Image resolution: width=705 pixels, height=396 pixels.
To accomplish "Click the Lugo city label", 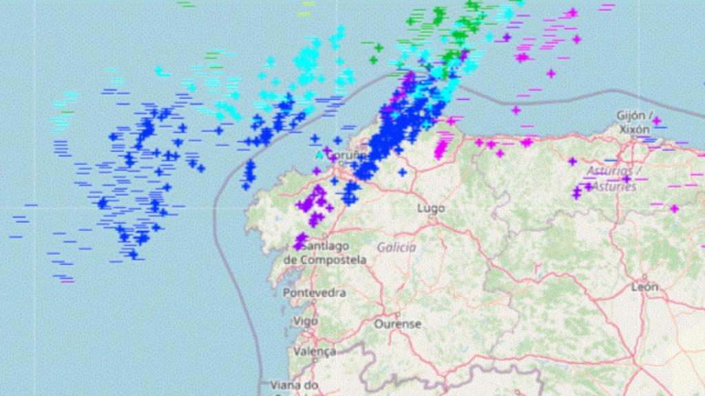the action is (432, 208).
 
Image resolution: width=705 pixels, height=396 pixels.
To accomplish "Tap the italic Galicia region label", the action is (397, 247).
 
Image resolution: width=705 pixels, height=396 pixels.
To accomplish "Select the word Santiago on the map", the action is (325, 245).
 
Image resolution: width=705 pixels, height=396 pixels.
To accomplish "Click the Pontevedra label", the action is (314, 293).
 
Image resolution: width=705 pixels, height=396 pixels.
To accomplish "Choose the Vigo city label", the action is (305, 320).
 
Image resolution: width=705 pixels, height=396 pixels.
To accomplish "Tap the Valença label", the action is (314, 351).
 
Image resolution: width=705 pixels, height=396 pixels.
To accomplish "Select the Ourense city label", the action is (397, 323).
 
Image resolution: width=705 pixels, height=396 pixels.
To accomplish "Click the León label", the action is (644, 287).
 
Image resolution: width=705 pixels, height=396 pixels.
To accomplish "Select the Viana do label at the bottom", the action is (294, 384).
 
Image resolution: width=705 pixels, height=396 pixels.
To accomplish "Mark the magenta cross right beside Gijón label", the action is (656, 122).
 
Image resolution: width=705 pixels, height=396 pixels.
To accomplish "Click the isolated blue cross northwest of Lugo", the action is (401, 171).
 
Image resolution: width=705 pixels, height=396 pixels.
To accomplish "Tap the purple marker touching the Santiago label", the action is (300, 240).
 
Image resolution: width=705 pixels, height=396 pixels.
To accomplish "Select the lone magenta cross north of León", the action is (674, 208).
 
